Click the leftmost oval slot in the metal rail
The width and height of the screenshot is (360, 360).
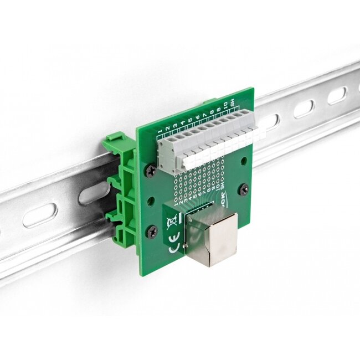(x=39, y=215)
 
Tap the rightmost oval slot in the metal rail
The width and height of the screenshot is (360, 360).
(x=336, y=96)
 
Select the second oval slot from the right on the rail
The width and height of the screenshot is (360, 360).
(x=303, y=109)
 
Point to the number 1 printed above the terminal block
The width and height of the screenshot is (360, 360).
(x=161, y=132)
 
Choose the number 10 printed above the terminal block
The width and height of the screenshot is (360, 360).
(x=223, y=106)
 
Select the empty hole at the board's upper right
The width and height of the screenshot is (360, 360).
(x=242, y=161)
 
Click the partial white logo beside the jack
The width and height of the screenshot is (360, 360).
(x=221, y=204)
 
